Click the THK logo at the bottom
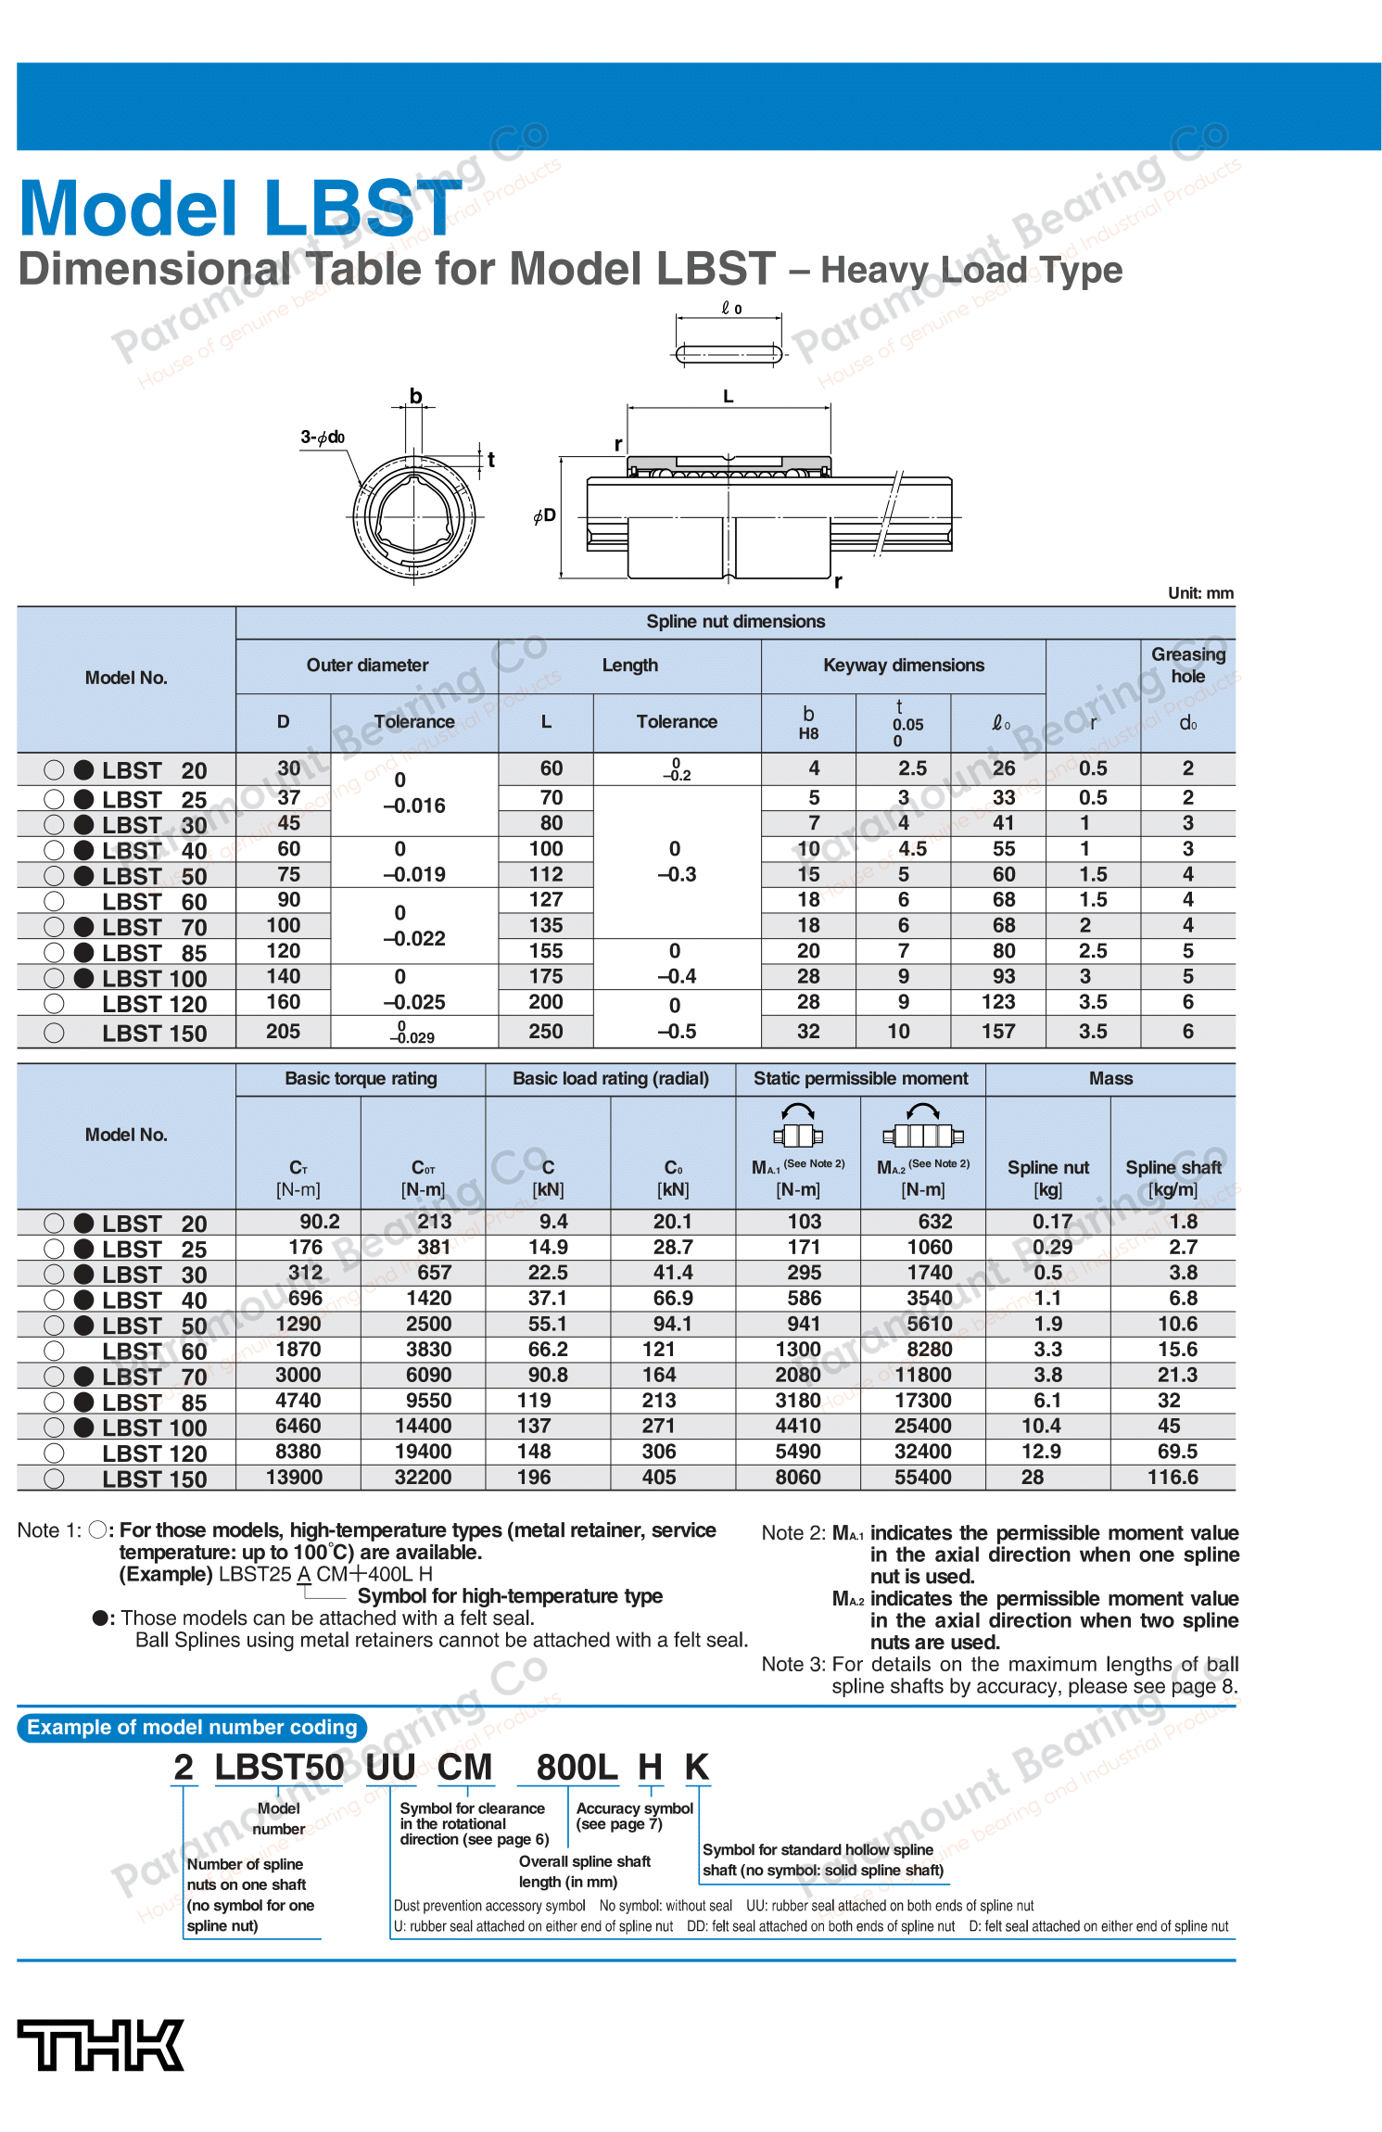(100, 2045)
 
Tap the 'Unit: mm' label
(1199, 593)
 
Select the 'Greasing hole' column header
(1187, 665)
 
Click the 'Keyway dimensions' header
(903, 665)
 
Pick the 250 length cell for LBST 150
(546, 1031)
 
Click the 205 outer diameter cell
(283, 1031)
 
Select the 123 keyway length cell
(997, 1002)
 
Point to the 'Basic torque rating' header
(361, 1078)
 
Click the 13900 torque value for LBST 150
(294, 1477)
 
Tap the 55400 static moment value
(922, 1477)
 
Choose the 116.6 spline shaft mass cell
(1173, 1477)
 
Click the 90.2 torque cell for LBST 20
(319, 1222)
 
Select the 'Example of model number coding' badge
(192, 1727)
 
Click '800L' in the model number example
(577, 1767)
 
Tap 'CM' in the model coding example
(464, 1767)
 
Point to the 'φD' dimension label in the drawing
(545, 515)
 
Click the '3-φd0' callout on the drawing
(323, 438)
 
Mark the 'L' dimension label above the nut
(729, 397)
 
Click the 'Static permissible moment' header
(860, 1078)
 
